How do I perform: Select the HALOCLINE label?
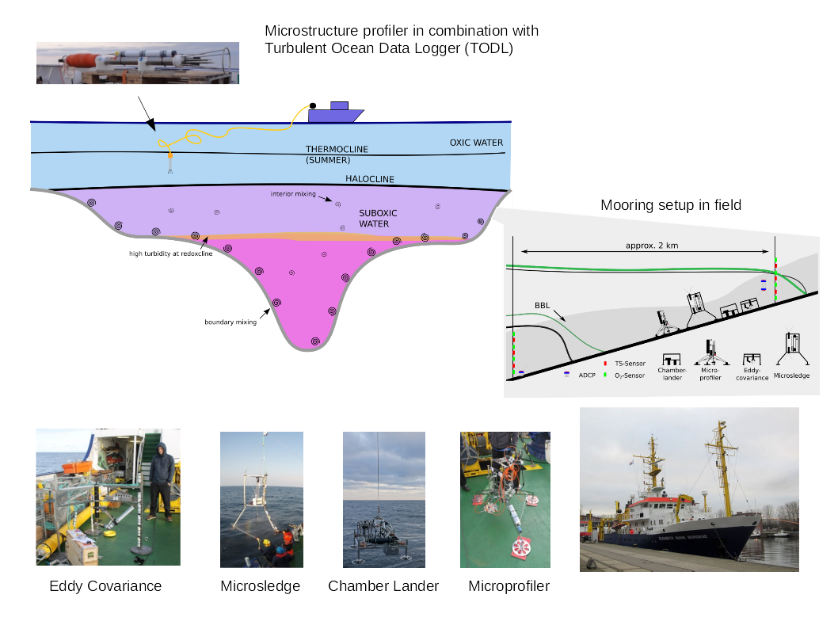(x=369, y=179)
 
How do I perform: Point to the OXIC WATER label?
(x=476, y=143)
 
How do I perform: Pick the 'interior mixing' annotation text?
(x=293, y=193)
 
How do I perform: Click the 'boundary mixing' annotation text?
(x=230, y=322)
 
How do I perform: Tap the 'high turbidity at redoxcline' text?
(x=171, y=254)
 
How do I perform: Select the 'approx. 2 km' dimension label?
(x=653, y=246)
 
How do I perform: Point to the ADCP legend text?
(x=587, y=374)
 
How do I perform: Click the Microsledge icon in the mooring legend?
(x=792, y=345)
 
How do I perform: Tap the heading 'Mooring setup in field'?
(x=670, y=205)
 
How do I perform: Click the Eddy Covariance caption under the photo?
(x=105, y=586)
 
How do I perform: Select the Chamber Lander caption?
(x=383, y=586)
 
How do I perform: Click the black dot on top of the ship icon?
(x=313, y=105)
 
